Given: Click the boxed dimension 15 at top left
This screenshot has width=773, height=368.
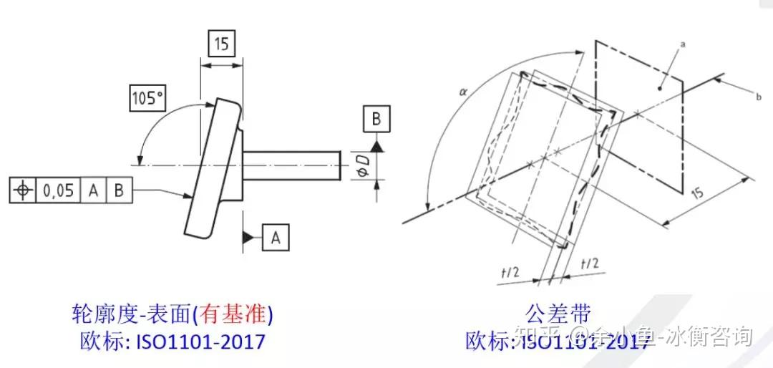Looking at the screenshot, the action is [x=221, y=44].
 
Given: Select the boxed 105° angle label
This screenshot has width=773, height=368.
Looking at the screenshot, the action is [x=147, y=97].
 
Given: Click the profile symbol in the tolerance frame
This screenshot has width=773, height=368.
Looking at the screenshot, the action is [x=23, y=190].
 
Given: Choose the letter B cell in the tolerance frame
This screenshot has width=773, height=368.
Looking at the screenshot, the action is [x=119, y=190].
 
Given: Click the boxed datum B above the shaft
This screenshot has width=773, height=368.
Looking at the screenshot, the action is [x=376, y=119].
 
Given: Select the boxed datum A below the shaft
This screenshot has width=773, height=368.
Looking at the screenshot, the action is [x=276, y=237].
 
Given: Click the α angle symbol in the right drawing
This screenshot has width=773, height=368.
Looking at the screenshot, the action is [x=462, y=91].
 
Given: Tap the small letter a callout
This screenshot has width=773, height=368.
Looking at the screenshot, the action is [x=684, y=44].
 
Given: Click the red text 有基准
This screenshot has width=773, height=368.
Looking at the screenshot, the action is [x=233, y=314].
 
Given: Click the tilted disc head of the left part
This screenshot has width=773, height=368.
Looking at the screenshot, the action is [x=211, y=168].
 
